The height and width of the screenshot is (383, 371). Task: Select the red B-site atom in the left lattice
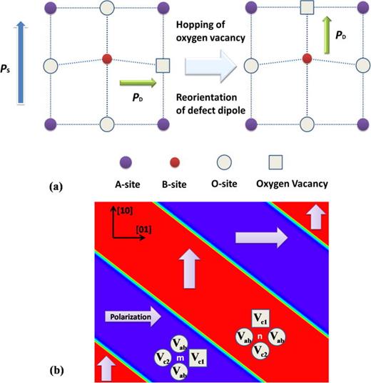(106, 57)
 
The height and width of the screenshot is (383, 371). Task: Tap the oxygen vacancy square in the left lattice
(163, 66)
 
